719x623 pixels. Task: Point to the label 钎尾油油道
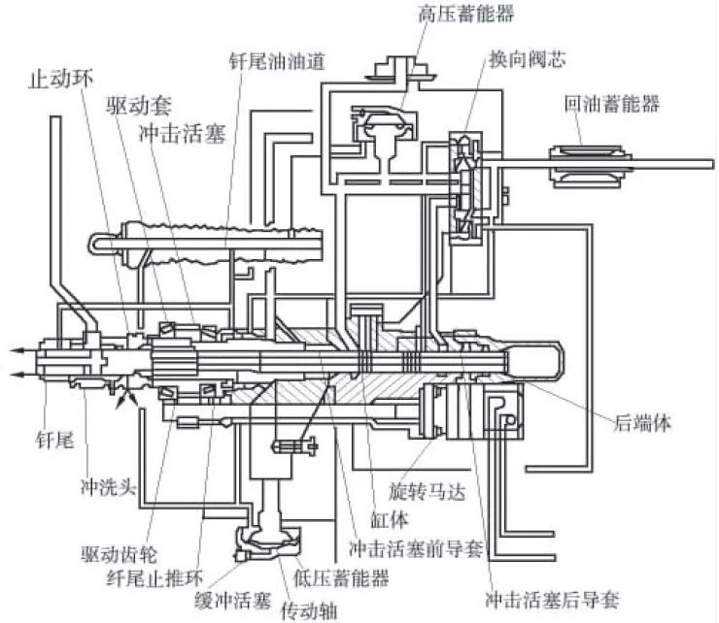click(x=277, y=60)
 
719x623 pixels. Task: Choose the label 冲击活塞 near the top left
click(x=184, y=133)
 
